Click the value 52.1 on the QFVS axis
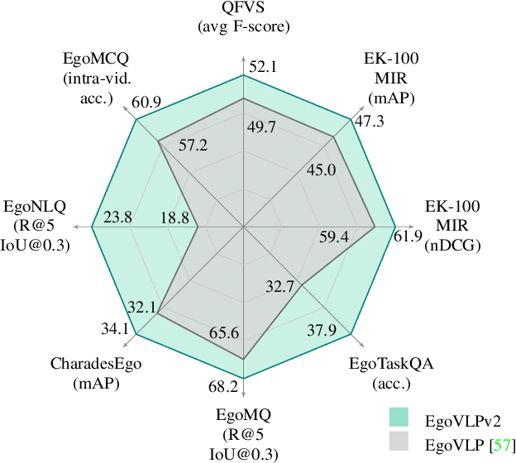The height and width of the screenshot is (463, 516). (262, 65)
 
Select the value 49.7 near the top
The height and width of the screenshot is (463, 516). (262, 127)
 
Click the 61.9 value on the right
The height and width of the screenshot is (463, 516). (408, 238)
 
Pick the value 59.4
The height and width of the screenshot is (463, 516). (334, 238)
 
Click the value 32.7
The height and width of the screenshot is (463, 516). (279, 288)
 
